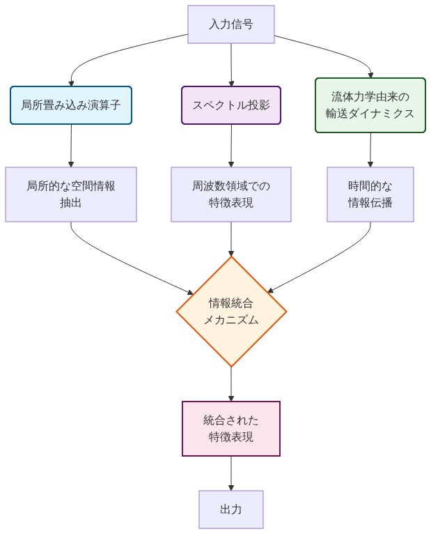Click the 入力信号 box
coord(230,24)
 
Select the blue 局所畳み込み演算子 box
coord(71,105)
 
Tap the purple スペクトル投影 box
coord(230,105)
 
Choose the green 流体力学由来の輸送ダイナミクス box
coord(370,105)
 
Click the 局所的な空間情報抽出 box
coord(71,194)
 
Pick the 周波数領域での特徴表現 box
coord(230,194)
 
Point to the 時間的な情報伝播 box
coord(370,194)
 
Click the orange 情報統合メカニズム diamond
coord(230,312)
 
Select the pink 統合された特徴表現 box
coord(230,429)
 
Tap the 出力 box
coord(230,510)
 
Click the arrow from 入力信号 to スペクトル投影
coord(230,65)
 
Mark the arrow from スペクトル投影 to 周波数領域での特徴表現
coord(230,146)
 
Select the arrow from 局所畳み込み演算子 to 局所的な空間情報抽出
coord(71,146)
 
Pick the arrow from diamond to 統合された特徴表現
coord(230,383)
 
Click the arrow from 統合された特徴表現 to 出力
coord(230,473)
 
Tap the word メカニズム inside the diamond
coord(230,321)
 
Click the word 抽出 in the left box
coord(71,204)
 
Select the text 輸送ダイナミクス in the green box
coord(370,114)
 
